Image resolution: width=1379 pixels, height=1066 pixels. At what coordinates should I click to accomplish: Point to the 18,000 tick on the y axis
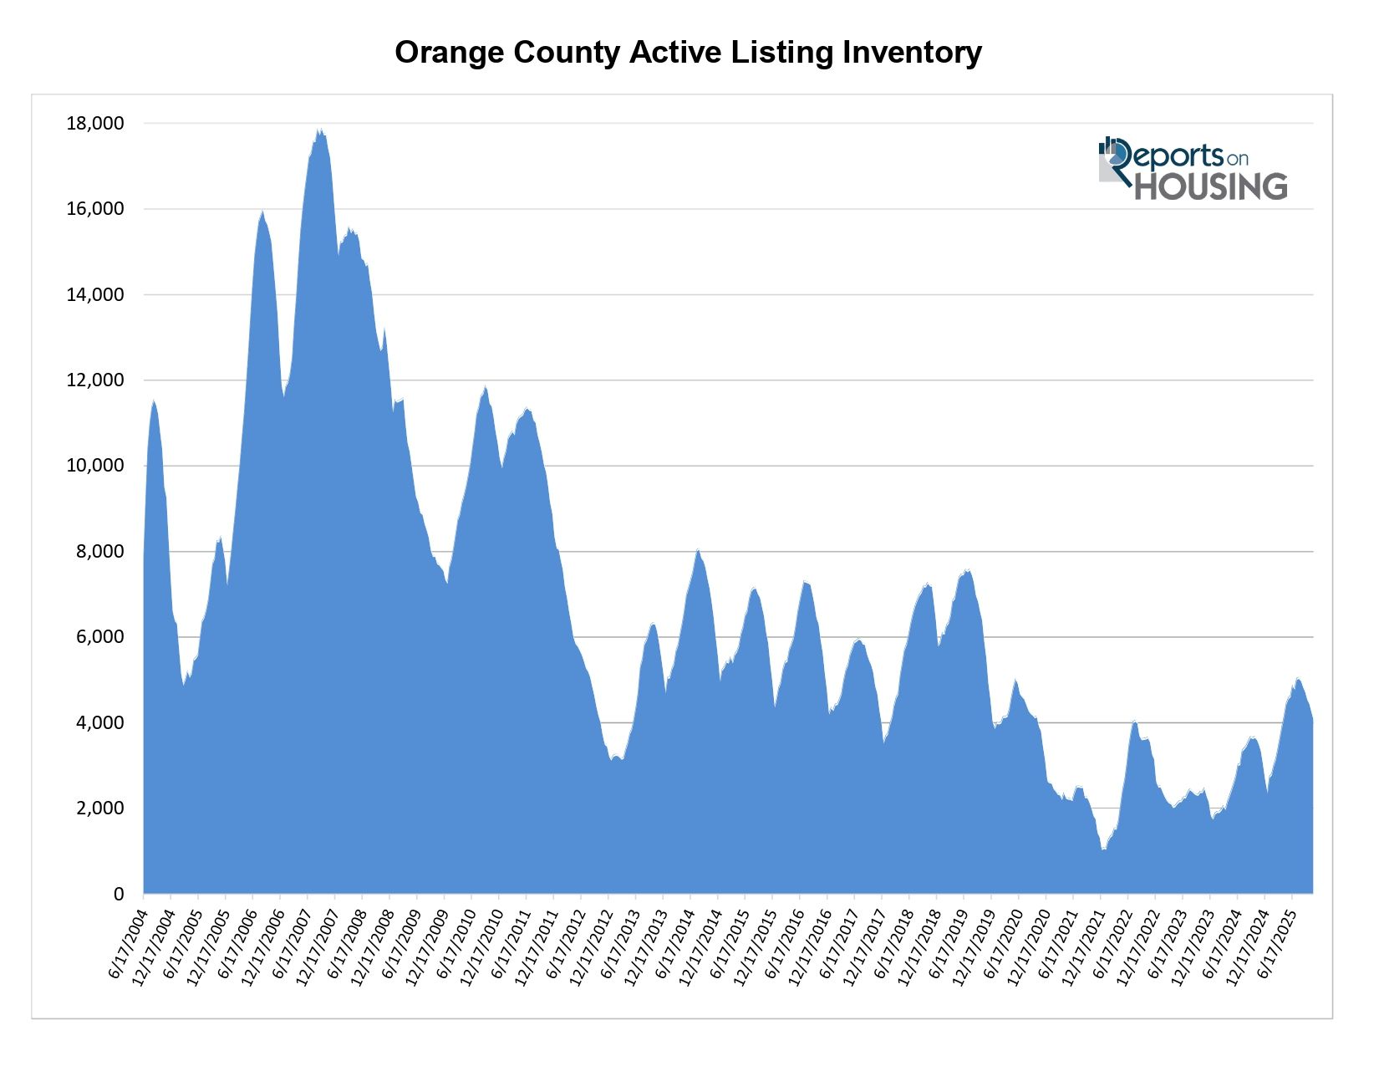(x=94, y=124)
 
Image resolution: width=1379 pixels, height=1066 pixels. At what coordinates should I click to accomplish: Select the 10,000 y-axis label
(x=94, y=466)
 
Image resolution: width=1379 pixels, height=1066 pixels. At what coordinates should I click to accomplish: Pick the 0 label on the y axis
(x=118, y=894)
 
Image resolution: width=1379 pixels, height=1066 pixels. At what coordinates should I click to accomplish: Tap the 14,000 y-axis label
(x=94, y=294)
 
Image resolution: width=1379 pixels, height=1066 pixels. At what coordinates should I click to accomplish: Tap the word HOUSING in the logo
(x=1210, y=186)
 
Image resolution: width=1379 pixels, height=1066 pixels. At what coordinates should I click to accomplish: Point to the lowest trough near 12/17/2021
(x=1103, y=849)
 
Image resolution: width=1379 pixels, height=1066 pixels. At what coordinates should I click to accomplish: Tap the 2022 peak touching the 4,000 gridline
(x=1134, y=721)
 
